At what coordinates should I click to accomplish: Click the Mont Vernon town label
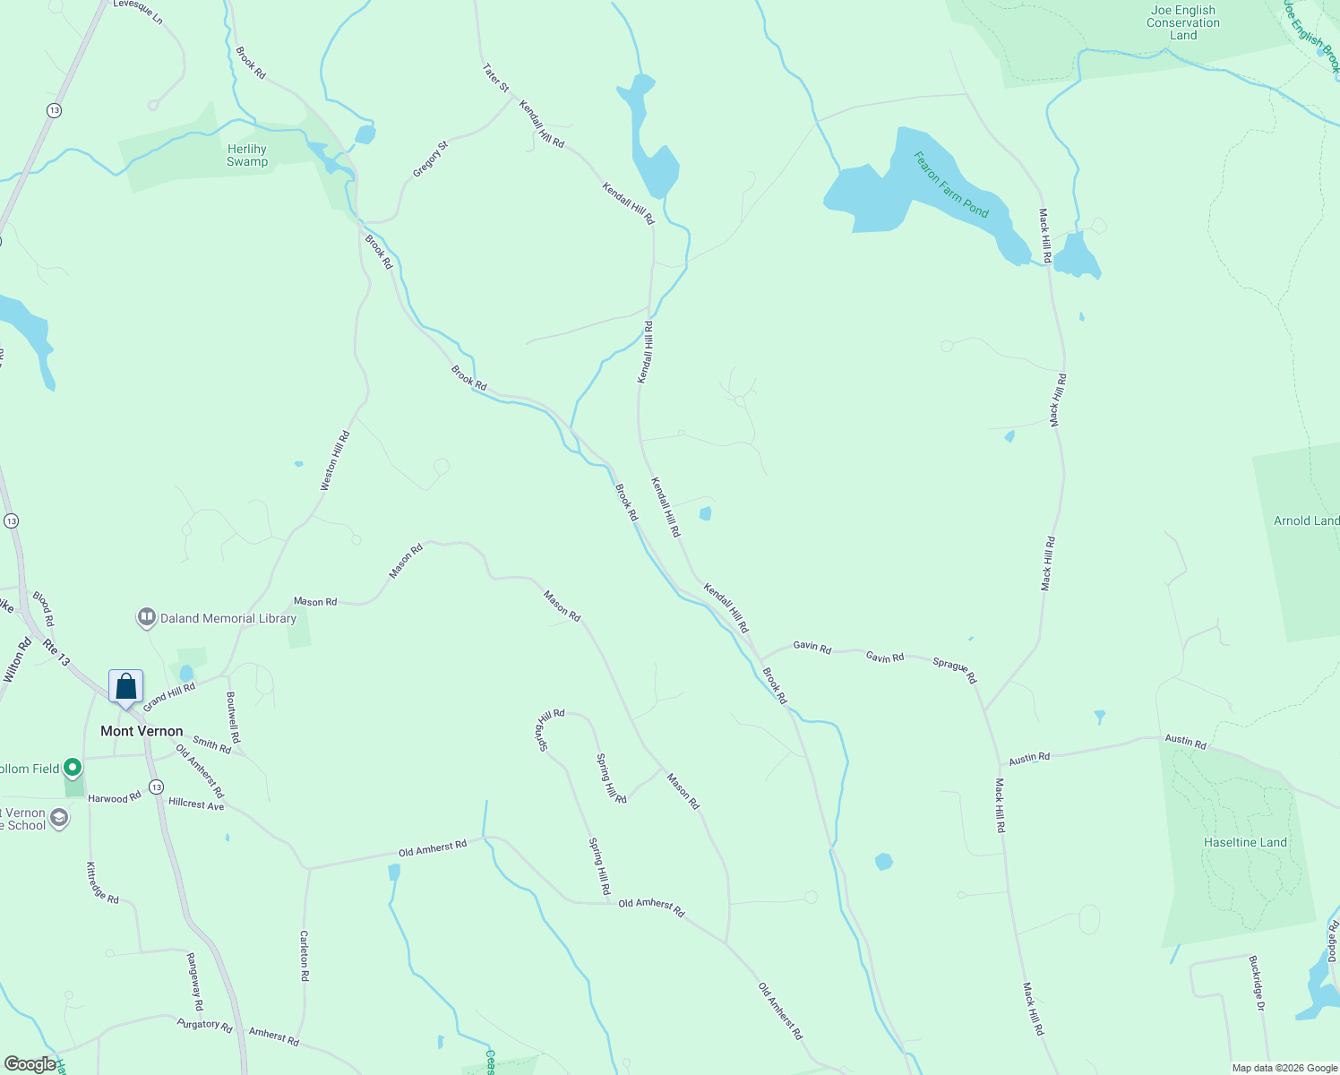coord(142,731)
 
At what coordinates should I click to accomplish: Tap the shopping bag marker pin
coord(126,687)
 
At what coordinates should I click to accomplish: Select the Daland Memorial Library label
coord(228,618)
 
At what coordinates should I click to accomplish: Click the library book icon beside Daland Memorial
coord(146,617)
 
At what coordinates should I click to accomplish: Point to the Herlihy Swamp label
coord(247,156)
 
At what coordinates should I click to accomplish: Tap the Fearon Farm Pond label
coord(951,185)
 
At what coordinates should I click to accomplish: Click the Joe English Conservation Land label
coord(1183,23)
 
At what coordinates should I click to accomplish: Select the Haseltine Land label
coord(1246,842)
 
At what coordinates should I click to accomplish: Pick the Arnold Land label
coord(1307,520)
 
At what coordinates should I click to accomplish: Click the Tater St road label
coord(495,77)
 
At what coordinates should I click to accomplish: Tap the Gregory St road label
coord(430,159)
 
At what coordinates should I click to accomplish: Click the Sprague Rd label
coord(955,670)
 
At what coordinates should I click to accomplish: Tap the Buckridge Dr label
coord(1257,983)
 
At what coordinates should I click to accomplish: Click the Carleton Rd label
coord(305,956)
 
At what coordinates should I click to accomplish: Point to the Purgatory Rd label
coord(204,1024)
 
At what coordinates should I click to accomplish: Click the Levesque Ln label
coord(139,12)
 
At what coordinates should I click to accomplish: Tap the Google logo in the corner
coord(30,1064)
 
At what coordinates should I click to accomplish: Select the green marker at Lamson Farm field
coord(73,768)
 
